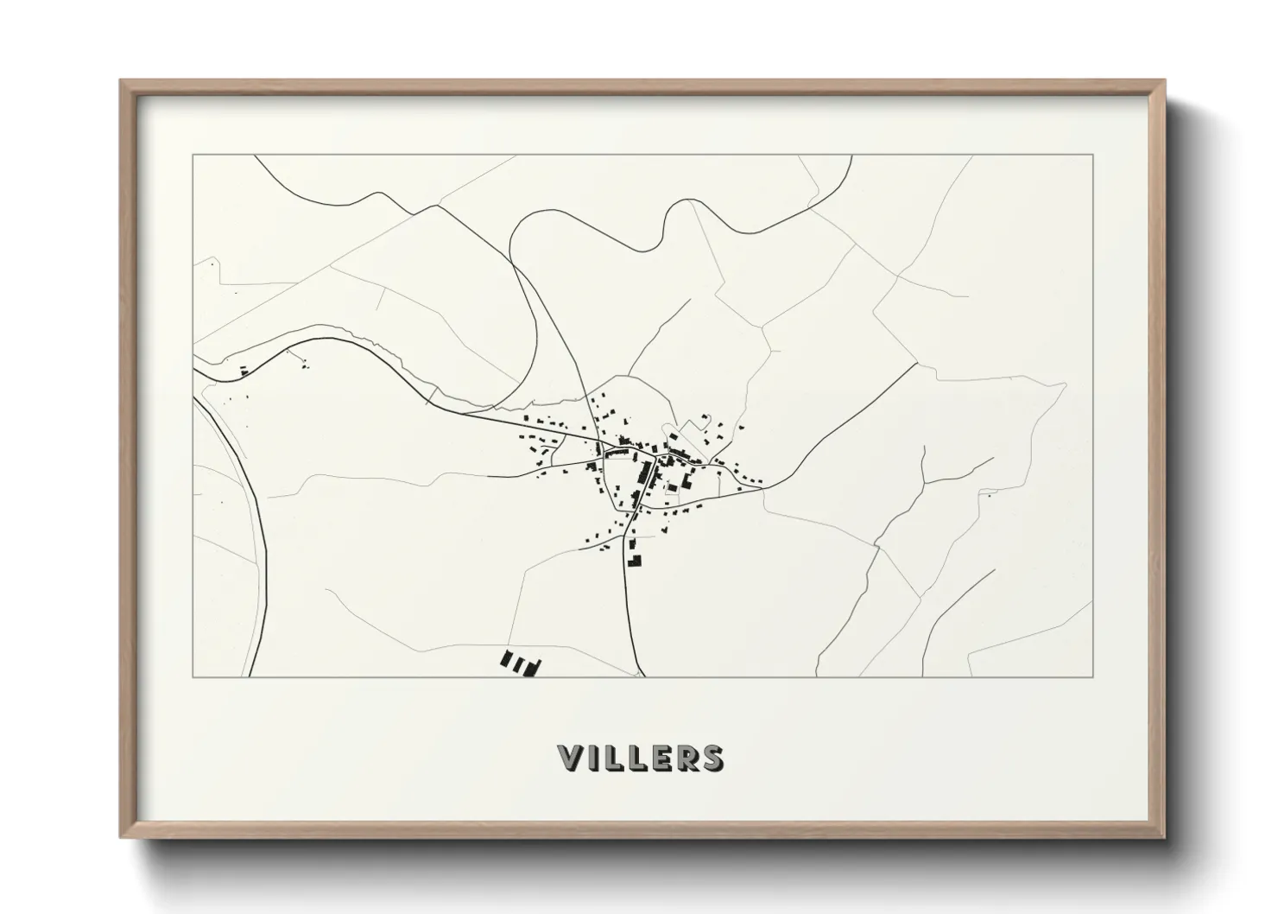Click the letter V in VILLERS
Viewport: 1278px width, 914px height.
point(573,758)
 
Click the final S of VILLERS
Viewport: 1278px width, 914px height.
point(712,758)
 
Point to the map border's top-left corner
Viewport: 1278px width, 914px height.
point(193,155)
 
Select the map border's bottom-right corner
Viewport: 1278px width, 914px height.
point(1093,677)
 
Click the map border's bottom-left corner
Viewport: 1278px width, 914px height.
point(193,677)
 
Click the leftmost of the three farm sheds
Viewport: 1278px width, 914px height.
point(507,660)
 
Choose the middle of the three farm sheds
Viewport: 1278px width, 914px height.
point(520,664)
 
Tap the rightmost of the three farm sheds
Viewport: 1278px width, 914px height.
point(533,666)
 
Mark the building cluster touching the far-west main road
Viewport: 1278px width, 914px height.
point(244,371)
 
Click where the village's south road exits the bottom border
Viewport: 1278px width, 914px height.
point(642,676)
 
